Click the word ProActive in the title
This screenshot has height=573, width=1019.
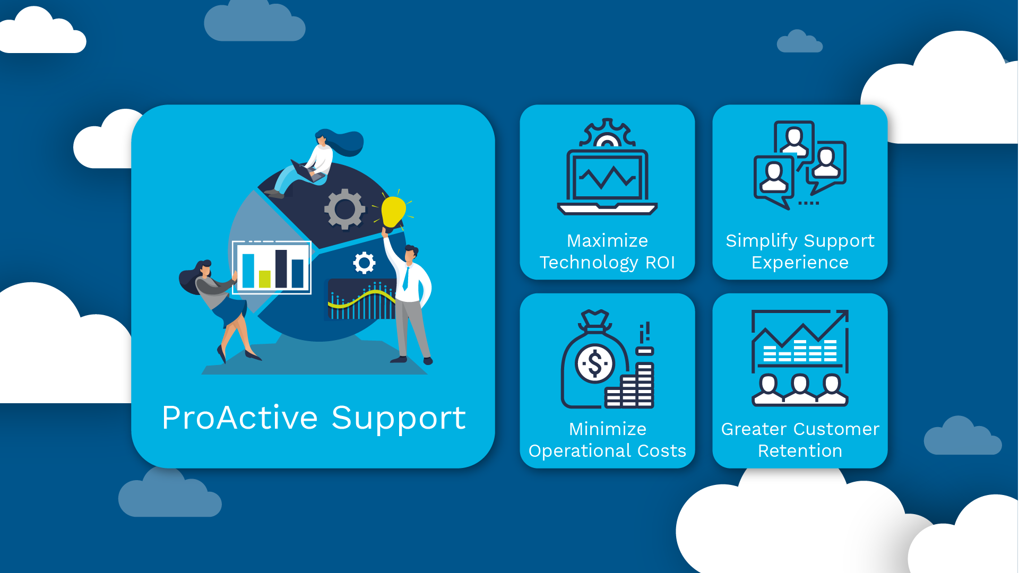(240, 418)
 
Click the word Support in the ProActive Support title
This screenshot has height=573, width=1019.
(399, 419)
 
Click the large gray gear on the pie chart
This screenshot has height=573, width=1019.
(345, 209)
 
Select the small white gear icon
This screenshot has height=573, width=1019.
(364, 263)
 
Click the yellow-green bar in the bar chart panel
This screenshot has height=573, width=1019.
(264, 279)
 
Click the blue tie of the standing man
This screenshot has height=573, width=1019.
(406, 279)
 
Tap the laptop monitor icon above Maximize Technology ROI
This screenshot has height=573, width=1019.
(607, 178)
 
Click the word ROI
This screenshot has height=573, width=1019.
(660, 263)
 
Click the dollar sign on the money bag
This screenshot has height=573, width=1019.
(595, 364)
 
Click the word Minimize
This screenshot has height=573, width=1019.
(607, 429)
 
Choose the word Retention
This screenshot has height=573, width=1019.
(800, 451)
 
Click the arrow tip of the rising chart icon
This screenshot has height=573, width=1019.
(844, 315)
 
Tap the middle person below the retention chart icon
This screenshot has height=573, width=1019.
(800, 389)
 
